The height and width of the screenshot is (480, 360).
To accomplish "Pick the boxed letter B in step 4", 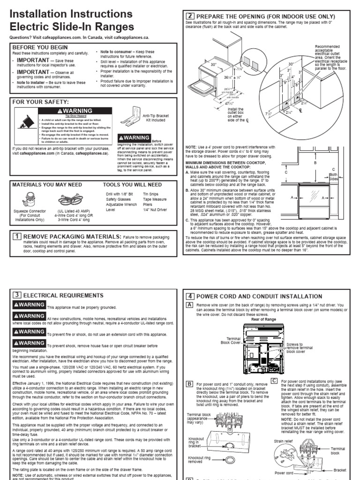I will point(190,384).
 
